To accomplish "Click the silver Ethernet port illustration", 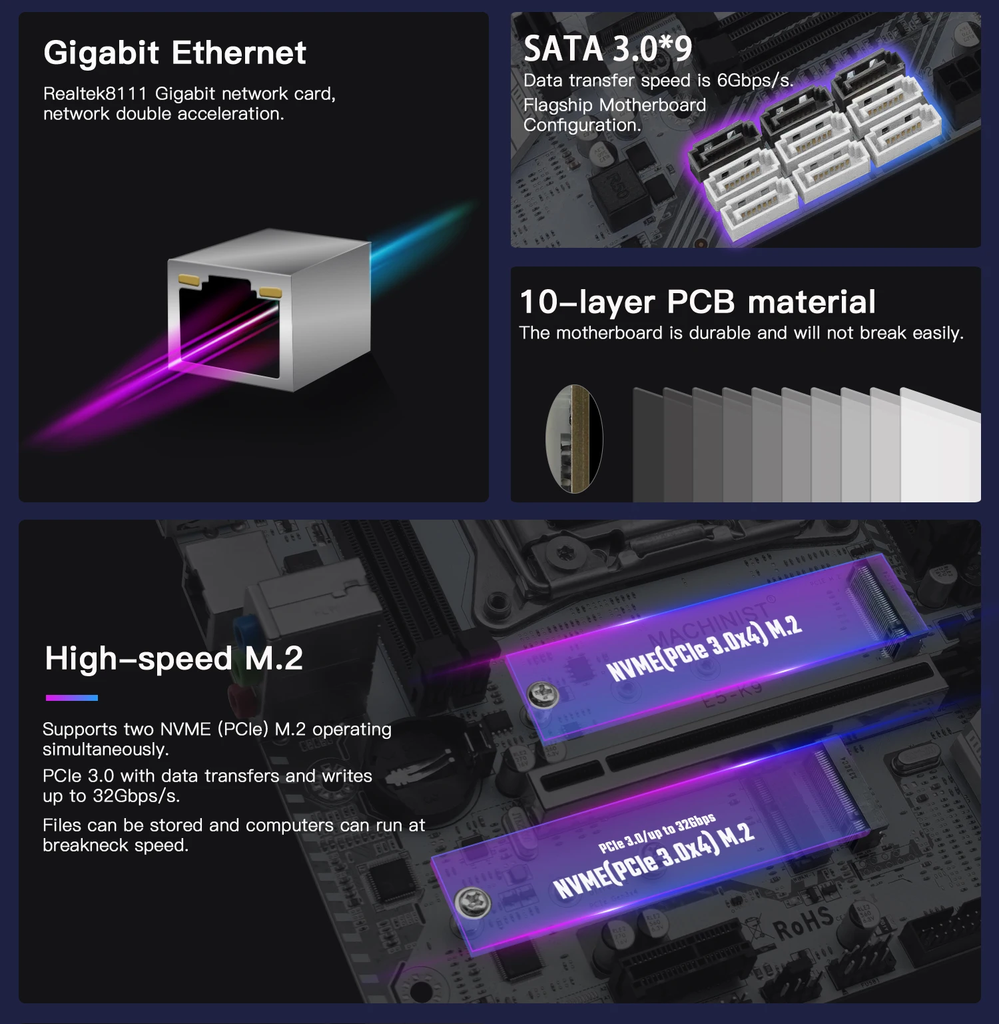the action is point(269,310).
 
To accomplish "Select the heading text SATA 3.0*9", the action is point(608,49).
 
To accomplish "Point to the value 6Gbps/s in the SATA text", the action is point(755,81).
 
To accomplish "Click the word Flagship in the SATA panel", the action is point(558,105).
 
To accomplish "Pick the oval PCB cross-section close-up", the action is point(574,438).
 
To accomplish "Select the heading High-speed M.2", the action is point(174,659).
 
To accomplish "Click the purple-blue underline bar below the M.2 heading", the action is point(72,698).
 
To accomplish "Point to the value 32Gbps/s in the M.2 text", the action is point(136,796).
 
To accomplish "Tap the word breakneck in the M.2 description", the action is point(85,845).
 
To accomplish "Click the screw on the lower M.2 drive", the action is point(473,903).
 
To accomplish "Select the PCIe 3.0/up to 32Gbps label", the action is point(657,833).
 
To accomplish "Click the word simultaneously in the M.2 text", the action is point(106,750).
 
